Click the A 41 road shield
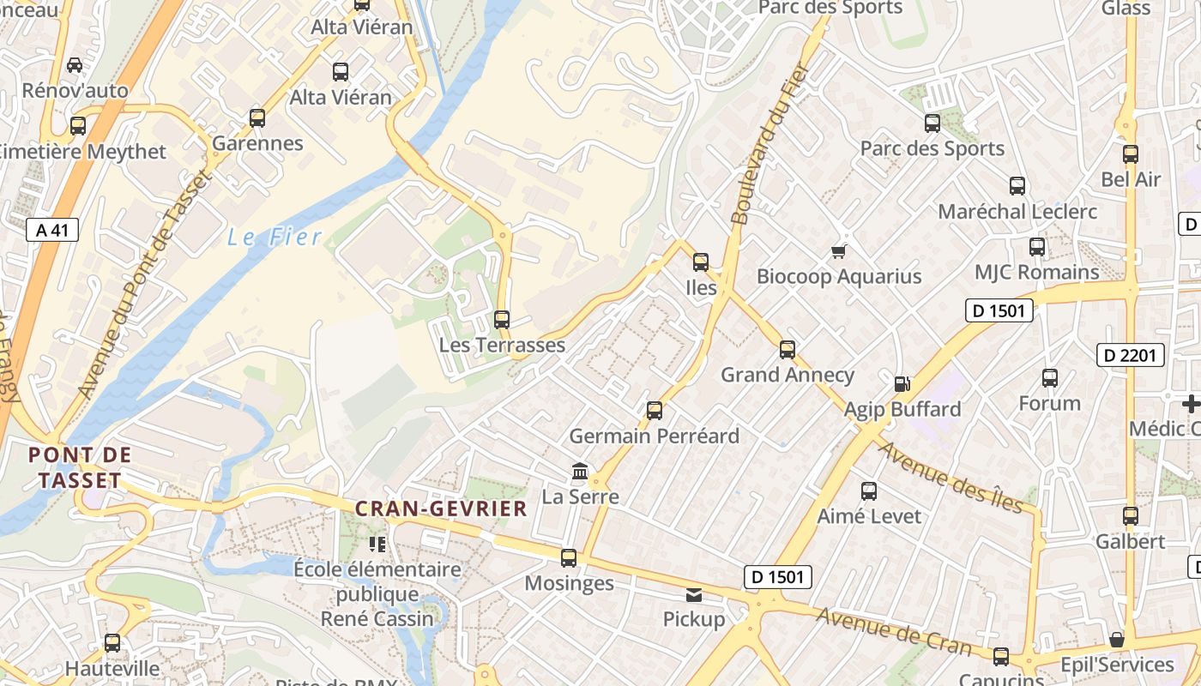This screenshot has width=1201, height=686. [x=52, y=230]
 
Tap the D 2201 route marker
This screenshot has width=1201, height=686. [x=1131, y=355]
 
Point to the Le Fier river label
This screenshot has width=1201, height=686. [x=275, y=238]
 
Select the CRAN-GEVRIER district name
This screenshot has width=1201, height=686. [x=441, y=508]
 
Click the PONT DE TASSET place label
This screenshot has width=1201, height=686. [x=80, y=467]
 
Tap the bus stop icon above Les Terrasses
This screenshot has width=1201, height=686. [x=502, y=320]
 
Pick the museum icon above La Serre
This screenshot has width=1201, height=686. [x=580, y=472]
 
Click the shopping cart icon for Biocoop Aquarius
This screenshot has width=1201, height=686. [x=839, y=251]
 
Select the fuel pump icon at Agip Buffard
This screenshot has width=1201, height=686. [x=902, y=384]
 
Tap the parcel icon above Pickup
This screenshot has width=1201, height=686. [x=694, y=594]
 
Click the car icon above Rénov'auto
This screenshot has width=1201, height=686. [x=75, y=65]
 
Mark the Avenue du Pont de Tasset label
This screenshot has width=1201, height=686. [x=142, y=285]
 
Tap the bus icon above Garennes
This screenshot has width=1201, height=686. [x=257, y=118]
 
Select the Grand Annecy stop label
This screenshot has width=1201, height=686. [x=787, y=375]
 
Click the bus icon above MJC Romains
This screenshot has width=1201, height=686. [x=1037, y=247]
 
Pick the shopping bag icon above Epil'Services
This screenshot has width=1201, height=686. [x=1116, y=640]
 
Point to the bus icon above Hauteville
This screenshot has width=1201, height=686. [x=112, y=643]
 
